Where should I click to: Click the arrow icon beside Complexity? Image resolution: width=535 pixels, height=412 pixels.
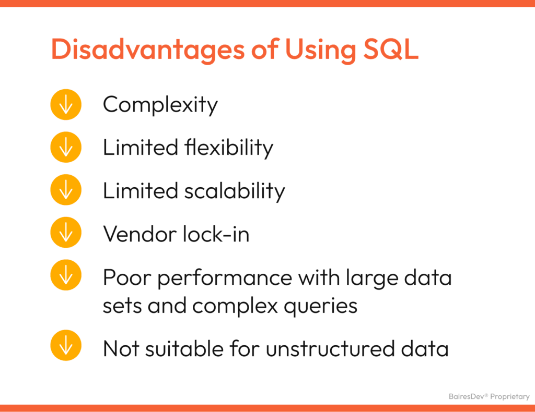[66, 105]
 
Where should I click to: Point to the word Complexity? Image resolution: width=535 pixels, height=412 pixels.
[160, 105]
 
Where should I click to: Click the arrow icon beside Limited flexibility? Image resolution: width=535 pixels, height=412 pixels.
[66, 148]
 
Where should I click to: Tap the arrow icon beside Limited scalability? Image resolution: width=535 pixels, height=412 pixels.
[66, 190]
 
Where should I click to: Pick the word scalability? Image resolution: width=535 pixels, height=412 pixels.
[235, 191]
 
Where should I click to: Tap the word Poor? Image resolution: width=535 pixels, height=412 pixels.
[127, 277]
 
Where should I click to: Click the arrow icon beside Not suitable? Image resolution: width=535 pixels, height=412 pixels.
[66, 346]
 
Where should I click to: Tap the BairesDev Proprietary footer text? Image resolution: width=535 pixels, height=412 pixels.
[489, 397]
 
